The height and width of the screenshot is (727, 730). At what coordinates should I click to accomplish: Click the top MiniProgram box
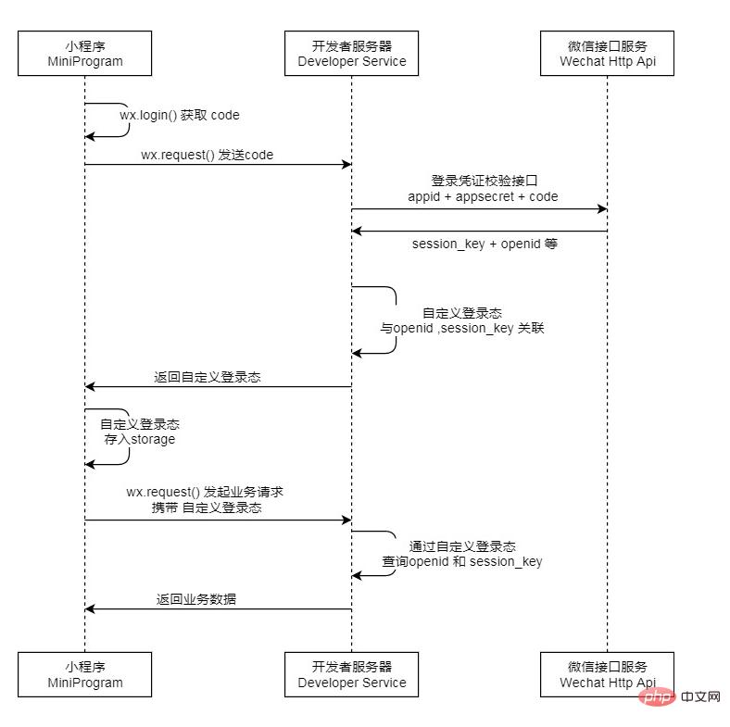click(84, 54)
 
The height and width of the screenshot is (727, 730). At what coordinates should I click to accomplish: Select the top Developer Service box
click(351, 54)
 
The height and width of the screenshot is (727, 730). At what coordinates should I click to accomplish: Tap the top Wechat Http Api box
click(607, 54)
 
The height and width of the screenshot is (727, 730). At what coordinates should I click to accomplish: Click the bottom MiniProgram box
click(84, 674)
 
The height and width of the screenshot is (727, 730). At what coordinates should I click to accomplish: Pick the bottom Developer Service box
click(351, 674)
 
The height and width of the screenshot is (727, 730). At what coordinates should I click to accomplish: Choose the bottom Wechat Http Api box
click(607, 674)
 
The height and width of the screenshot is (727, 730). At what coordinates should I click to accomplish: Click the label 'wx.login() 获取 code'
click(179, 116)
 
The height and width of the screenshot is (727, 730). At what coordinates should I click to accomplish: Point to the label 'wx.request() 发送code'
click(207, 155)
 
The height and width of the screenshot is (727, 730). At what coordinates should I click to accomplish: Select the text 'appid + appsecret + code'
click(483, 196)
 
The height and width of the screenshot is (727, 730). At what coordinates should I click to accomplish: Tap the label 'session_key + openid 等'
click(485, 244)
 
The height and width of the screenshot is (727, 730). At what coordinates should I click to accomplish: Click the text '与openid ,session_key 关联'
click(462, 329)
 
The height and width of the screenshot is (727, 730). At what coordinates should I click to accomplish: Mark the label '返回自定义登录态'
click(207, 377)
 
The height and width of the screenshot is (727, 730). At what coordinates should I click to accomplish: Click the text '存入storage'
click(139, 439)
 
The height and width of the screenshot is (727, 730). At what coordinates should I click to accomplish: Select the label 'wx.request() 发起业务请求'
click(210, 493)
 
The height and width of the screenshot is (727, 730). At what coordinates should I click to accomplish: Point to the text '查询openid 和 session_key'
click(462, 561)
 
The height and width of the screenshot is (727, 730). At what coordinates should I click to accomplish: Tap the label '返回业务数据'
click(195, 599)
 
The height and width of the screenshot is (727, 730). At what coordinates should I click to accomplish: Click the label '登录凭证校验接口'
click(484, 181)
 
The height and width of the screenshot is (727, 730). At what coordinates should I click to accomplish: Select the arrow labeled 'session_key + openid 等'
click(479, 232)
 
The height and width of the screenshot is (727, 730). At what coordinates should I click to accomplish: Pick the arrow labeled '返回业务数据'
click(218, 609)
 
